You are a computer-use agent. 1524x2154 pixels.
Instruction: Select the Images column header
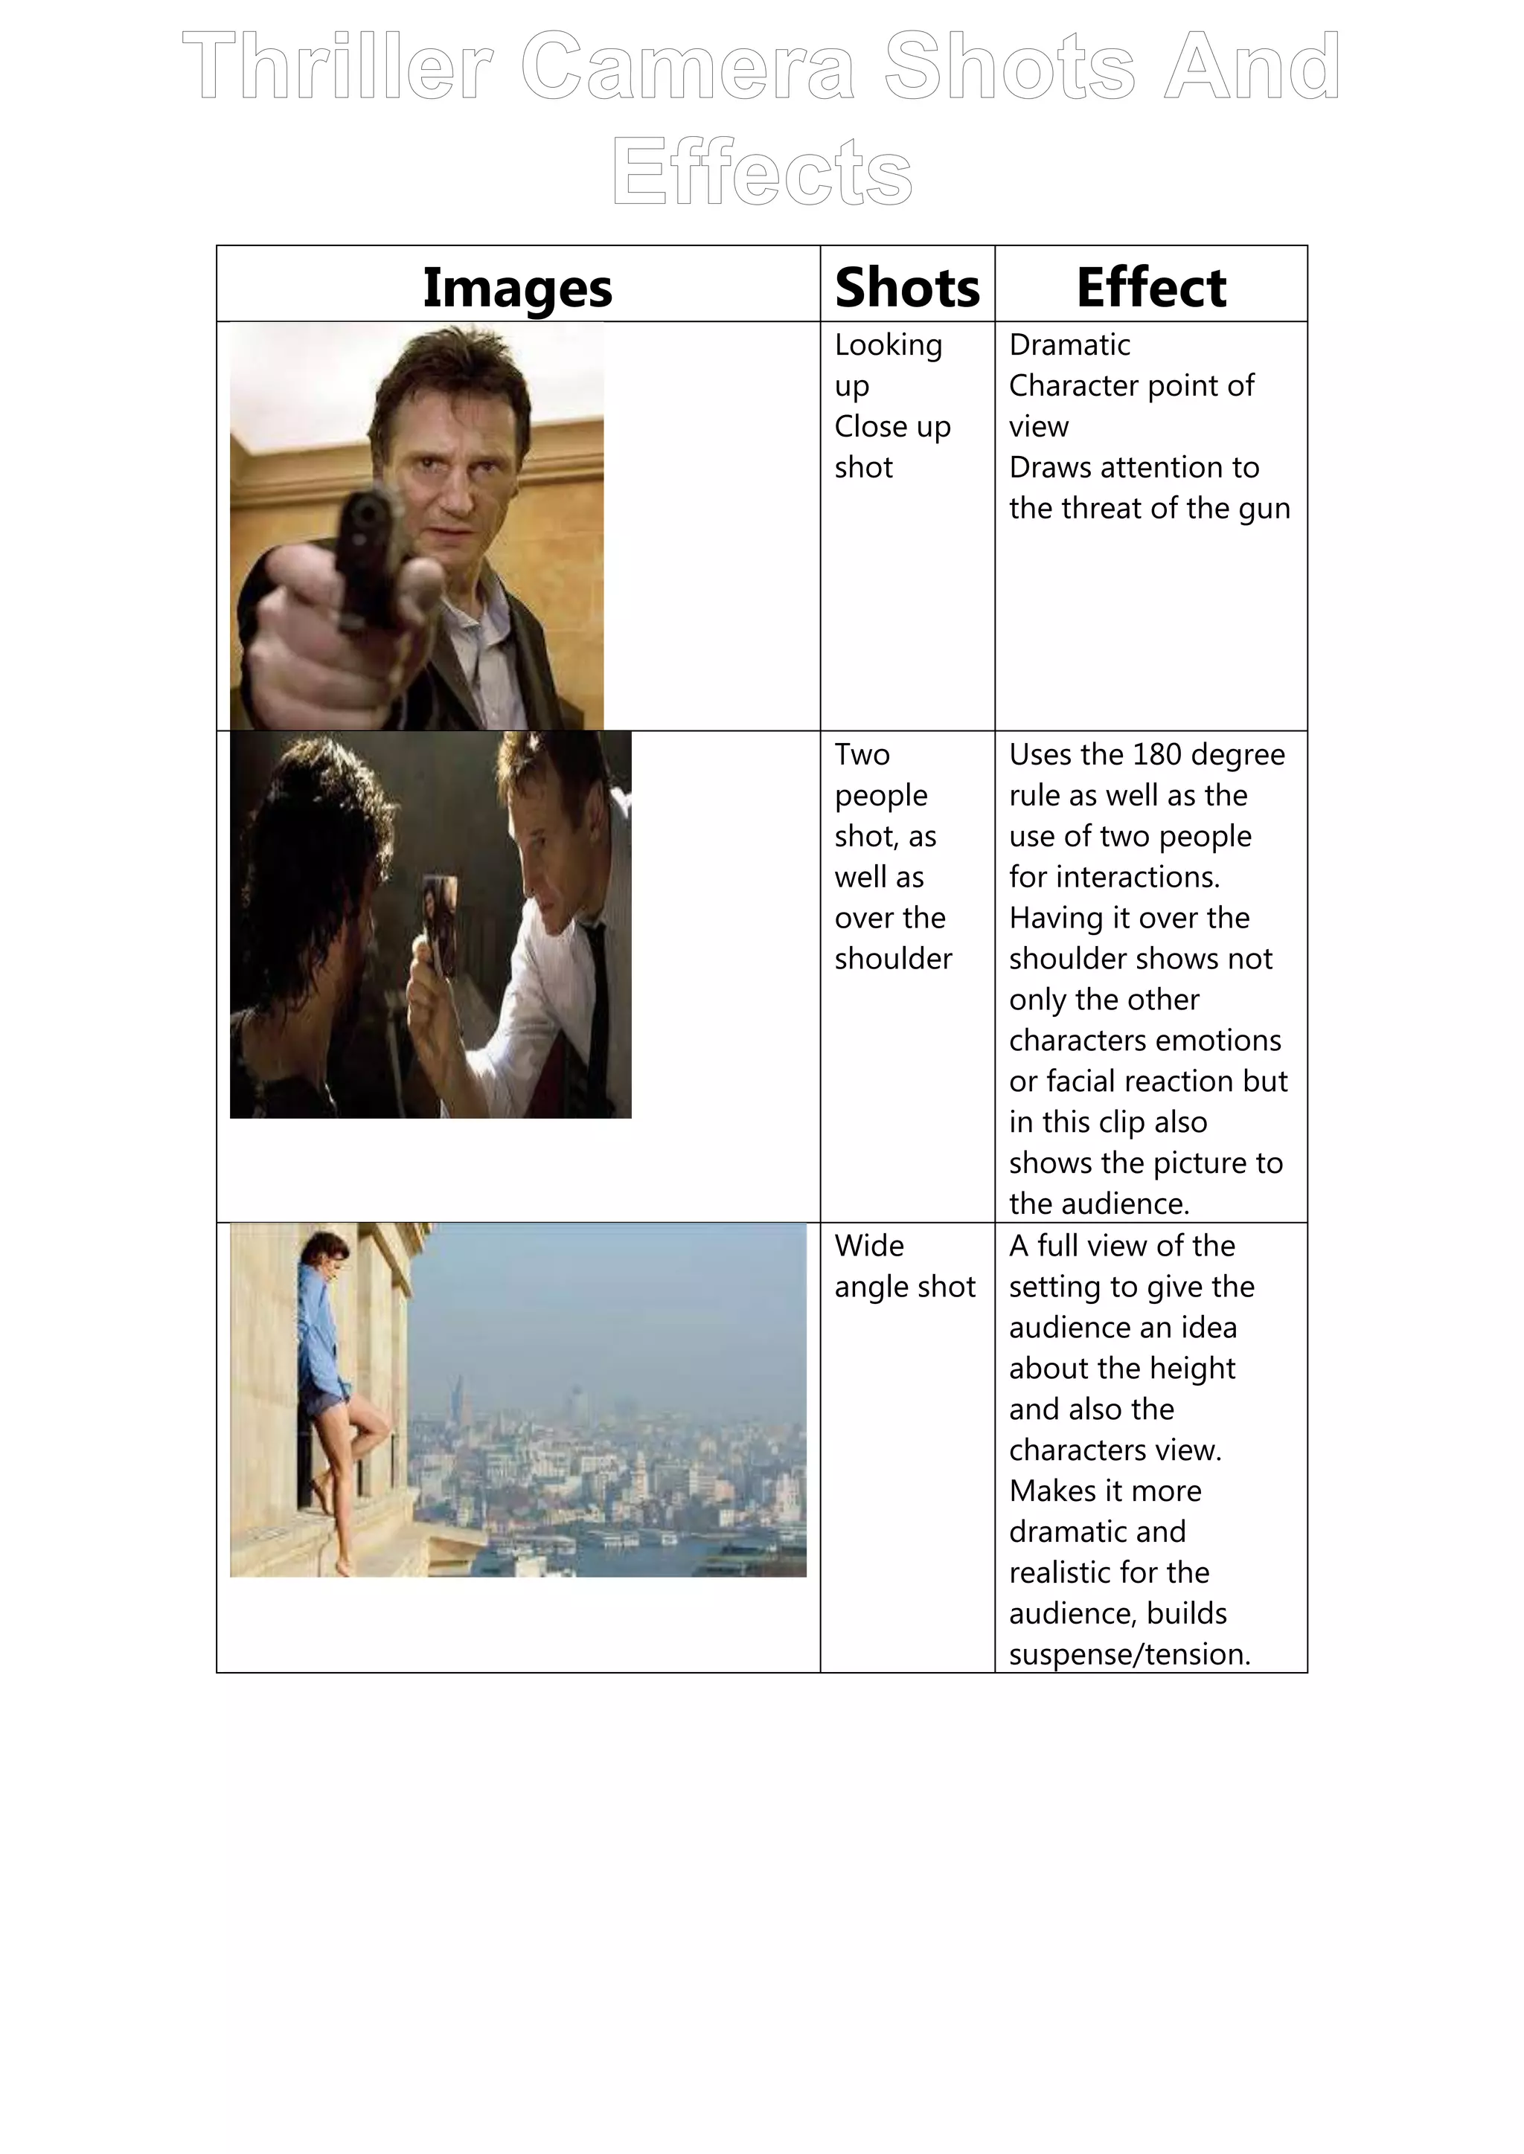pos(517,287)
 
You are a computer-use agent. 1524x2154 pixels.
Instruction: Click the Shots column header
pos(906,287)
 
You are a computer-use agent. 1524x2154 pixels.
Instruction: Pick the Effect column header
pos(1150,287)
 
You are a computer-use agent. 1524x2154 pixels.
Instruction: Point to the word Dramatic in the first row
pos(1069,345)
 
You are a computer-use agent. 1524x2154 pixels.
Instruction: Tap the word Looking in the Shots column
pos(888,345)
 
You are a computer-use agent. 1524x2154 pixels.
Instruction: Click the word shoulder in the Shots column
pos(892,959)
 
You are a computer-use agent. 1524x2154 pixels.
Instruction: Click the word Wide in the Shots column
pos(869,1246)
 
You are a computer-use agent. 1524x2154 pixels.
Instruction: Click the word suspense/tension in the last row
pos(1129,1654)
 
